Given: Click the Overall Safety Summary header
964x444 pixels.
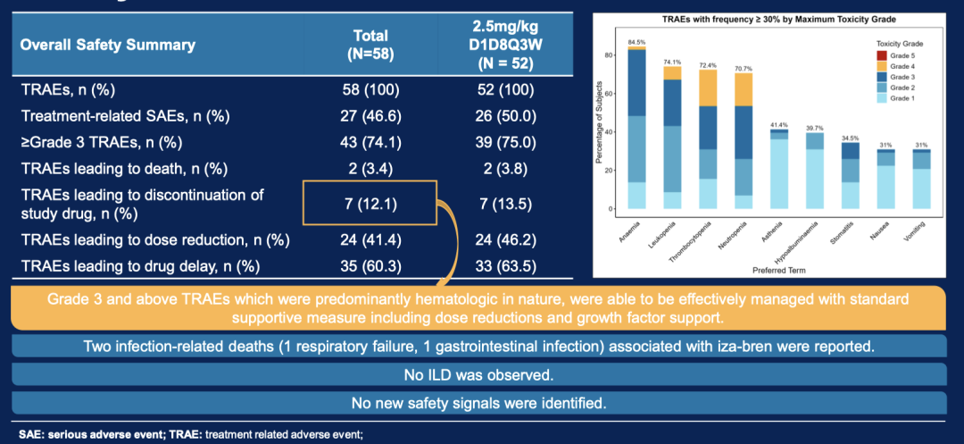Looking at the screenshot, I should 107,45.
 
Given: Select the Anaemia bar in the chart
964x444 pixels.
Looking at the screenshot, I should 636,134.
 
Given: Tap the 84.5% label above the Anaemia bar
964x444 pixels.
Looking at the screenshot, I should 636,42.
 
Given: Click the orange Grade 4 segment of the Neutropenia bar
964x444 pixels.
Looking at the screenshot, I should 742,89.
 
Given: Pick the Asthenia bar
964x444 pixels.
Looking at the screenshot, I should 779,170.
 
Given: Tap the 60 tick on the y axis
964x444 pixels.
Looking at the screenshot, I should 609,94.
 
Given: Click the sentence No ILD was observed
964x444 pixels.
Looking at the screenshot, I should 478,375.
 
